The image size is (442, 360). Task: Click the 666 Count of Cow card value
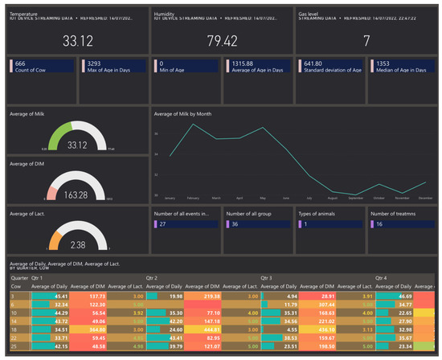(x=21, y=63)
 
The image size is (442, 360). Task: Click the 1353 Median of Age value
(x=382, y=63)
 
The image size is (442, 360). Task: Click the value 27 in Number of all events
(x=164, y=224)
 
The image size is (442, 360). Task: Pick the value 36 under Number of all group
(x=236, y=224)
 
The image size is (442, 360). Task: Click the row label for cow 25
(x=13, y=346)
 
